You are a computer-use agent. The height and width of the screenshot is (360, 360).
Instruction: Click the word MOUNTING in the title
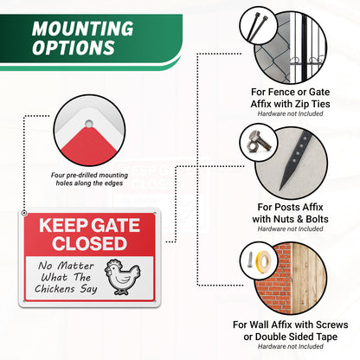click(x=82, y=28)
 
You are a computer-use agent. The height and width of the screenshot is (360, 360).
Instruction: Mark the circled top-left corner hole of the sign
click(x=25, y=213)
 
